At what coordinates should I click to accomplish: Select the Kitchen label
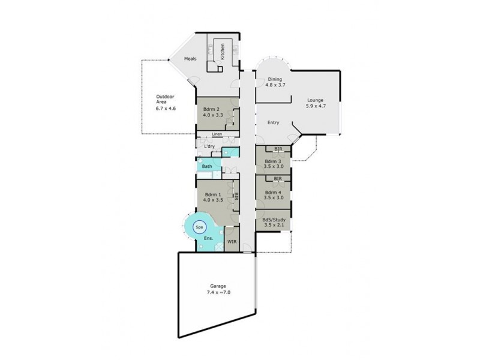(222, 52)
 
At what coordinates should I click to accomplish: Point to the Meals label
(191, 58)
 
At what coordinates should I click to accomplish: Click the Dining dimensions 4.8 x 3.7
(266, 85)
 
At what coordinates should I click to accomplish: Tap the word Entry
(274, 122)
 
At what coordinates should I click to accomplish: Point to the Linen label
(217, 134)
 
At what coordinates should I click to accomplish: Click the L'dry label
(209, 146)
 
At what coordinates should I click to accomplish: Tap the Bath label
(207, 166)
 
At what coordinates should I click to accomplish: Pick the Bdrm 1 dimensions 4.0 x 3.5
(214, 201)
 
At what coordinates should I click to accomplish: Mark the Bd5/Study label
(274, 220)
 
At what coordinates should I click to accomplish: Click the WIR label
(232, 242)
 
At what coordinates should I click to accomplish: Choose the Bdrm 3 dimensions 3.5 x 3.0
(274, 166)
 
